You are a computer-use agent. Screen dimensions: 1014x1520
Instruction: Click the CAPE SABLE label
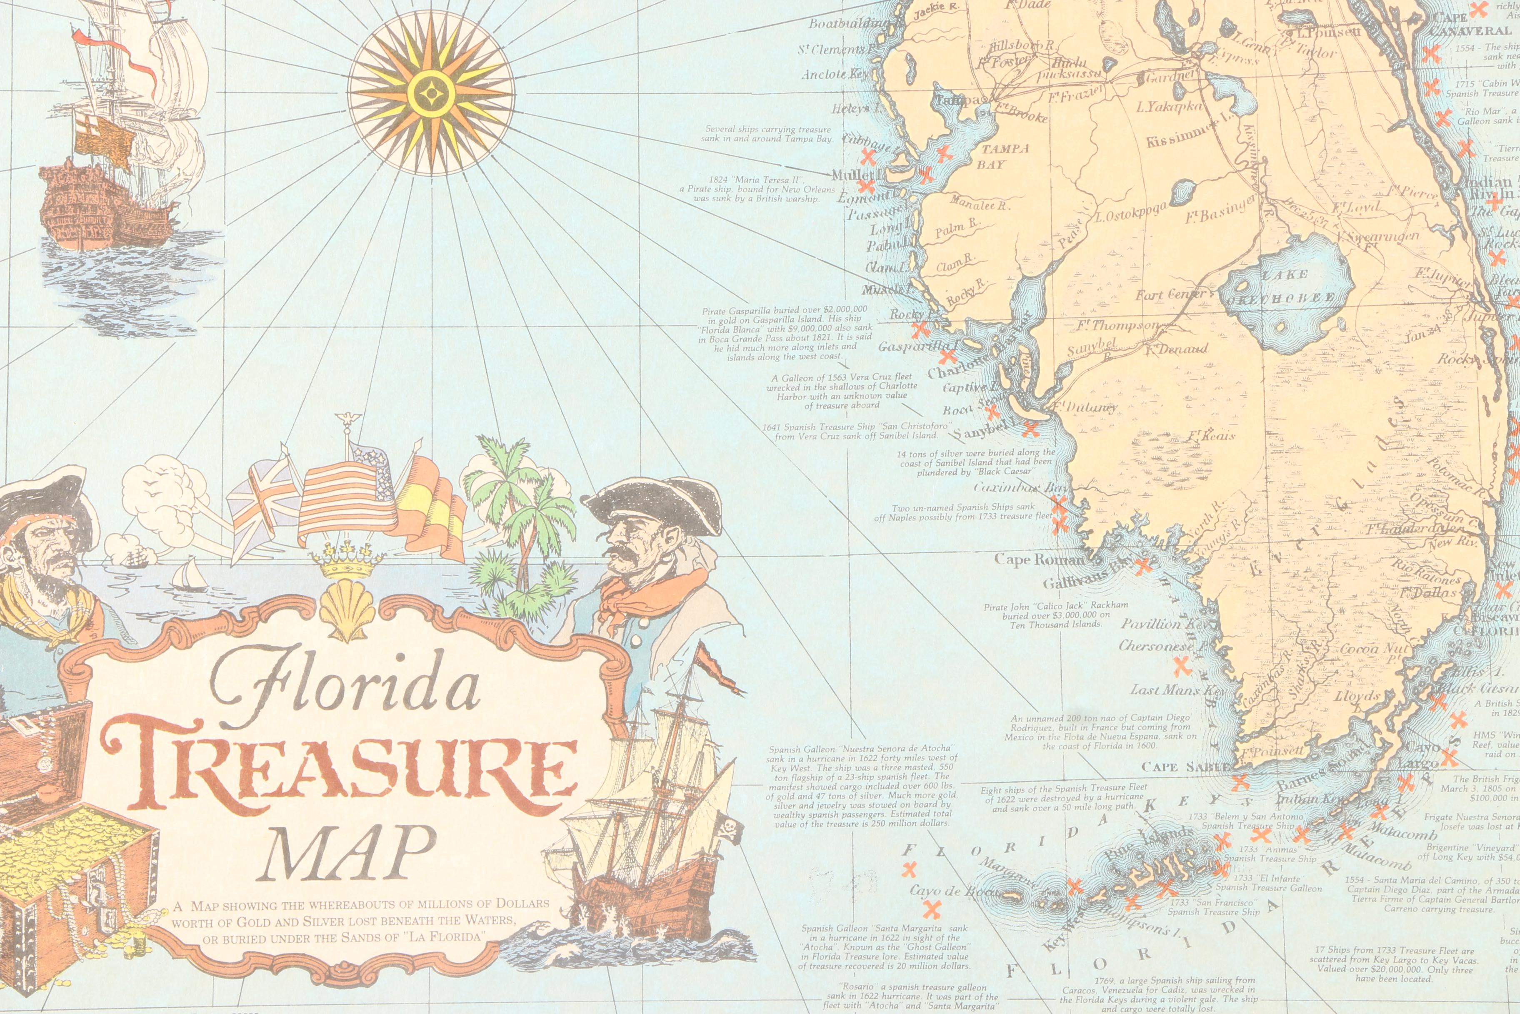tap(1186, 768)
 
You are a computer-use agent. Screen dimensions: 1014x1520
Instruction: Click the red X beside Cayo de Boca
tap(931, 910)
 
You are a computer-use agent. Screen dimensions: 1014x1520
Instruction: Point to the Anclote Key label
tap(834, 74)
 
